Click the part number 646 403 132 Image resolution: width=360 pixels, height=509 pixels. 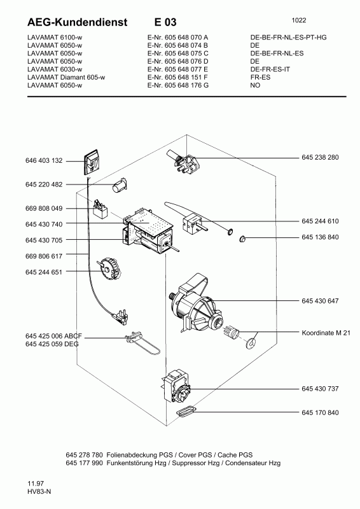click(x=45, y=161)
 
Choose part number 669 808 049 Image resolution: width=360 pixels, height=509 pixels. click(x=45, y=209)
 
